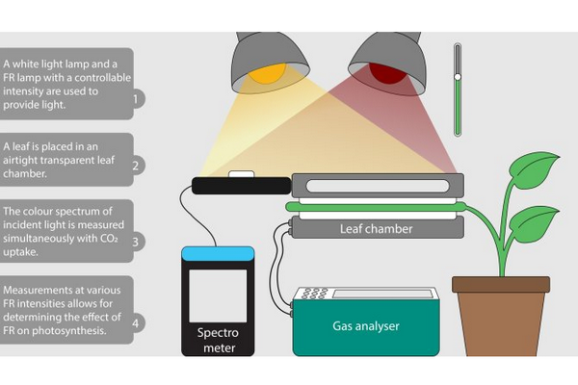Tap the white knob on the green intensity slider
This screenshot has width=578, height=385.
(458, 77)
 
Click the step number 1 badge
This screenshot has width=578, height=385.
(137, 98)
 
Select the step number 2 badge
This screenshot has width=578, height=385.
(137, 165)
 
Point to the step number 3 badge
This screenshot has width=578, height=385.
(137, 242)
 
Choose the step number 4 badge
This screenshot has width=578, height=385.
(137, 323)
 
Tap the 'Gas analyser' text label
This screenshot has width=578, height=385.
(364, 326)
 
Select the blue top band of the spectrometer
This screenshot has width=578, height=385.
(218, 253)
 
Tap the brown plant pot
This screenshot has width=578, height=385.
(500, 318)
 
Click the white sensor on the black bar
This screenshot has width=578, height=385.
(241, 175)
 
